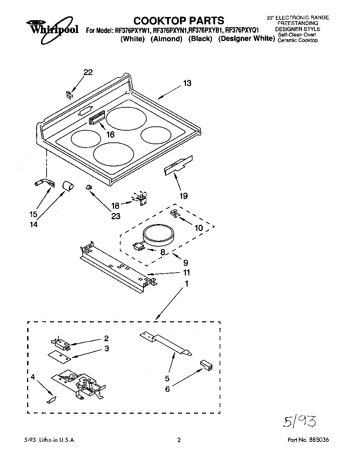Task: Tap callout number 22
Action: (x=88, y=72)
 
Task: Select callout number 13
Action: (x=187, y=83)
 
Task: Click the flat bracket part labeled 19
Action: (x=178, y=165)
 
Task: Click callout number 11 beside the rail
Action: (x=187, y=272)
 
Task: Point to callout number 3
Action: (x=107, y=348)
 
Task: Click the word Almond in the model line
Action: (x=166, y=39)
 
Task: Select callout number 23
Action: (x=116, y=216)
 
